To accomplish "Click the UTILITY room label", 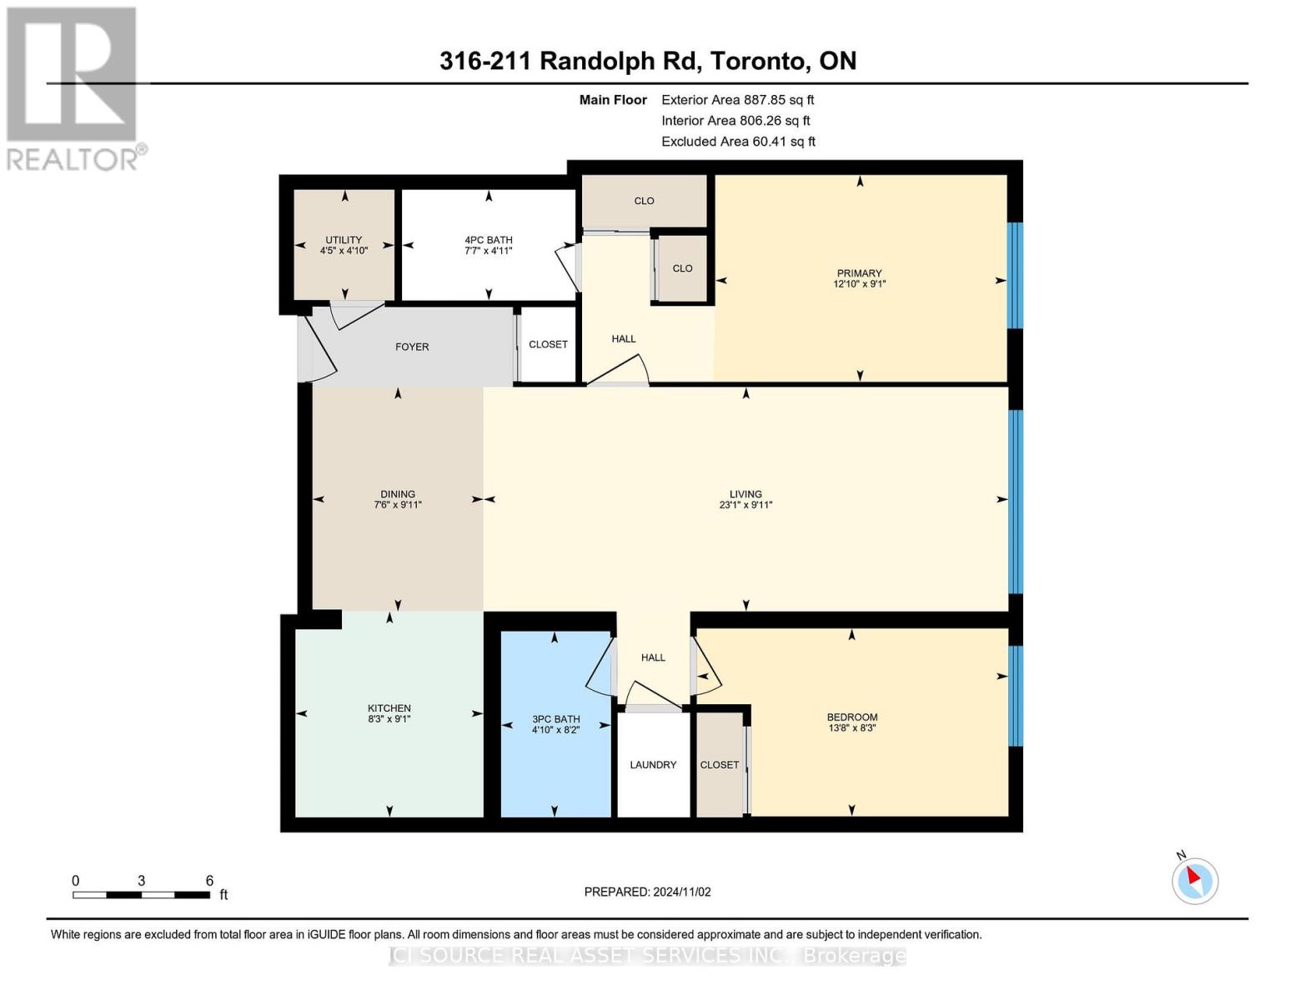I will pyautogui.click(x=344, y=240).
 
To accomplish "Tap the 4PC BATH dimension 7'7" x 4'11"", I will pyautogui.click(x=489, y=251).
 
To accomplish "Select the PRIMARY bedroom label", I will pyautogui.click(x=859, y=273).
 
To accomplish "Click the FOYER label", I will pyautogui.click(x=412, y=347).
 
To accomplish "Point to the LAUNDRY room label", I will pyautogui.click(x=653, y=764).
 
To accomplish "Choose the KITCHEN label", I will pyautogui.click(x=389, y=708).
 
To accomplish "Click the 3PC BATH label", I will pyautogui.click(x=555, y=719).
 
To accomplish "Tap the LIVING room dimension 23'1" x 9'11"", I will pyautogui.click(x=745, y=505).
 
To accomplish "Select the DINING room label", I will pyautogui.click(x=398, y=494).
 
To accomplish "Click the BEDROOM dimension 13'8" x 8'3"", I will pyautogui.click(x=851, y=727).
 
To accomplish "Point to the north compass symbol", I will pyautogui.click(x=1195, y=879).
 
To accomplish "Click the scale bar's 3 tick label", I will pyautogui.click(x=142, y=881).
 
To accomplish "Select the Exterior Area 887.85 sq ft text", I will pyautogui.click(x=737, y=99).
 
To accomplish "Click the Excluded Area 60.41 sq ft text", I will pyautogui.click(x=738, y=142).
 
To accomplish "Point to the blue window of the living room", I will pyautogui.click(x=1015, y=500).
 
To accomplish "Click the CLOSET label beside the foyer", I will pyautogui.click(x=548, y=344).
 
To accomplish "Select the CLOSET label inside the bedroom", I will pyautogui.click(x=720, y=764).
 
